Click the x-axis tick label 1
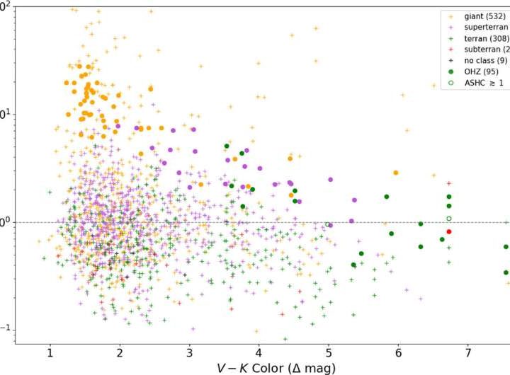click(x=50, y=352)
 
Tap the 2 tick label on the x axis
click(x=120, y=352)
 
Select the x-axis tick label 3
click(x=189, y=352)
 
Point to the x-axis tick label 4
click(x=259, y=352)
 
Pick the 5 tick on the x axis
click(x=329, y=352)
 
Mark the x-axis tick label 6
click(x=398, y=352)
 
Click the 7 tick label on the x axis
click(x=467, y=352)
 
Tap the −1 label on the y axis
click(x=6, y=329)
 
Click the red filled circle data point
click(x=449, y=231)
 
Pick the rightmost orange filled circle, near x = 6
click(x=395, y=173)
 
